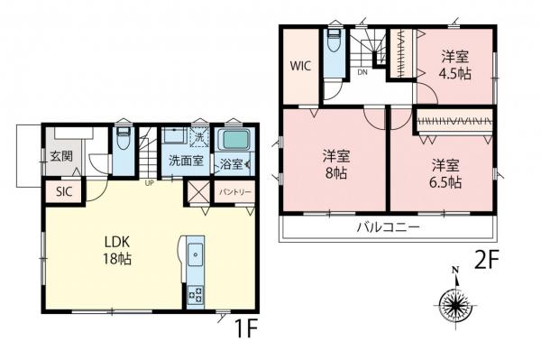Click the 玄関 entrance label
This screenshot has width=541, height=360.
point(61,155)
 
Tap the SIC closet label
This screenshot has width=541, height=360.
point(64,191)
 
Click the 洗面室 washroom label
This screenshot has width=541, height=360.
point(184,163)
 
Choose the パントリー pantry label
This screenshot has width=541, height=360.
point(234,192)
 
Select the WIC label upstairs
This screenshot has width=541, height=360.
point(300,65)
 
